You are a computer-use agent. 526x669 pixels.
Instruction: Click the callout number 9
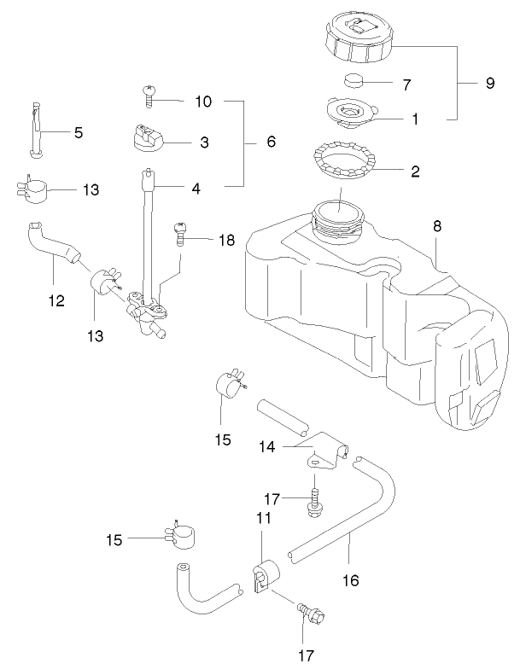click(490, 84)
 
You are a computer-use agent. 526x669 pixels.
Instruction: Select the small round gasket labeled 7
click(355, 82)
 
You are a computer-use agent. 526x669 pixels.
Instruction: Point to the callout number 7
click(406, 85)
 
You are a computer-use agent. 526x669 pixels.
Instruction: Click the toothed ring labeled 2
click(348, 160)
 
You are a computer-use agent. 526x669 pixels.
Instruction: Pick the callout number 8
click(437, 227)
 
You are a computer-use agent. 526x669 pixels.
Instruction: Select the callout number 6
click(271, 142)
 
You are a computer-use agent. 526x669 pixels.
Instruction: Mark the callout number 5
click(79, 132)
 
